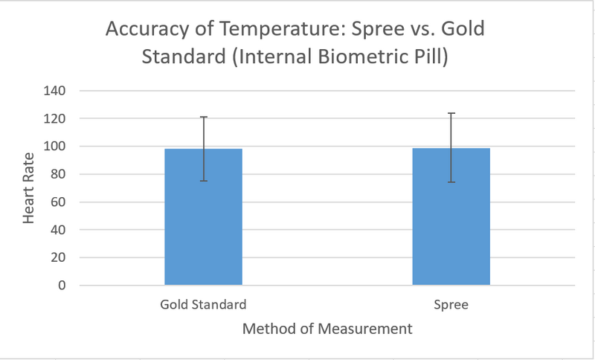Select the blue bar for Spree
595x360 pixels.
pyautogui.click(x=451, y=216)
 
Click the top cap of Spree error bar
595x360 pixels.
pyautogui.click(x=451, y=113)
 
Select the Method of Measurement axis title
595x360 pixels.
pyautogui.click(x=328, y=328)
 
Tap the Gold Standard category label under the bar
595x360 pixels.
pyautogui.click(x=203, y=305)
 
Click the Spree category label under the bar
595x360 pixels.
pyautogui.click(x=451, y=305)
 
